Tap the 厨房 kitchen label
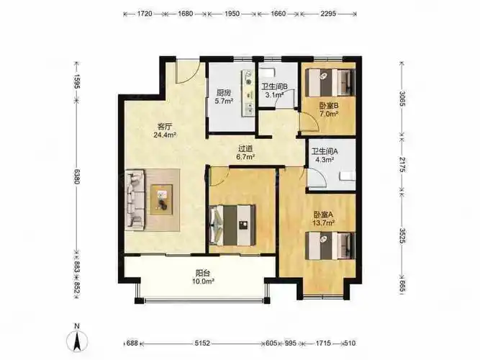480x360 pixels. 222,91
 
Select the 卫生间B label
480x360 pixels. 274,86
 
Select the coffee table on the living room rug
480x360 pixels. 162,197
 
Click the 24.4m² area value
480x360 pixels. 165,133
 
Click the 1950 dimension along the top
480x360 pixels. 232,13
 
